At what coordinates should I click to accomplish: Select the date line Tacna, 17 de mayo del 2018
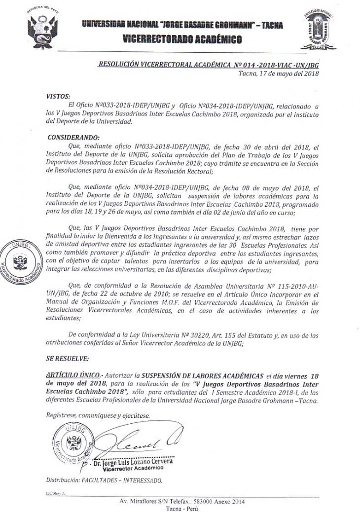[279, 73]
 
